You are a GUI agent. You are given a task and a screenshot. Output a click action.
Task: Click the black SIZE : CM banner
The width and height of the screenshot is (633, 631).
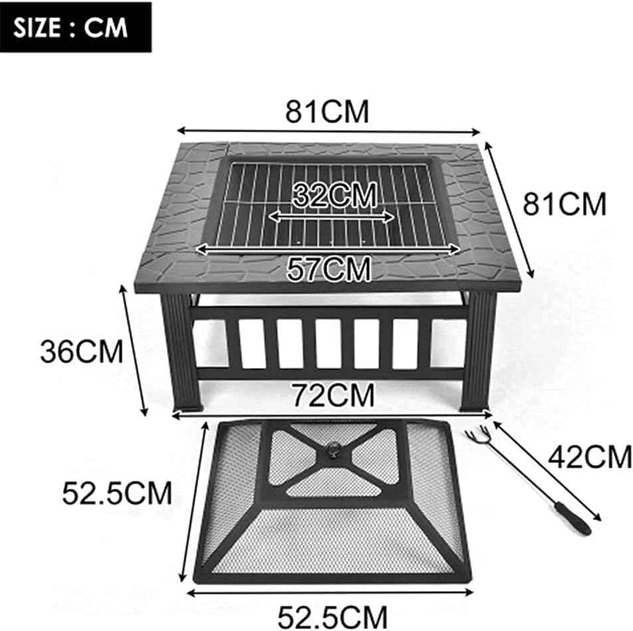76,27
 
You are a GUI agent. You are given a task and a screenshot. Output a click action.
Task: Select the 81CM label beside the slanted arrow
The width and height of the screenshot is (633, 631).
565,204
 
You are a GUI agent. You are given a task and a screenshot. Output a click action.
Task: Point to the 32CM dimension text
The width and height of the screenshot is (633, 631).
334,195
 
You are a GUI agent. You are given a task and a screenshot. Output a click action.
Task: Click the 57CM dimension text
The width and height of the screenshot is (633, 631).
328,268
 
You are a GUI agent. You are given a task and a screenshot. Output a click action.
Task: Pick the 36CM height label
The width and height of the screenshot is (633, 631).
82,351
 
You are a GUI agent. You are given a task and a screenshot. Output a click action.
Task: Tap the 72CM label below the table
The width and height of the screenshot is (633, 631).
333,396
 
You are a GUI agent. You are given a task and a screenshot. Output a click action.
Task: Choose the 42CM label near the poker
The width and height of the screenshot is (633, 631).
588,457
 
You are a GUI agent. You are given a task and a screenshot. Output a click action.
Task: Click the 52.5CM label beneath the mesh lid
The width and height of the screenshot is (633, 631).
333,615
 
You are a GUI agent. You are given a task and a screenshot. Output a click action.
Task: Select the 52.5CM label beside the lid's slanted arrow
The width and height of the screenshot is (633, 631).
118,492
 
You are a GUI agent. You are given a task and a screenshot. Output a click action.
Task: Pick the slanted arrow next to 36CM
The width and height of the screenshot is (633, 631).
133,350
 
